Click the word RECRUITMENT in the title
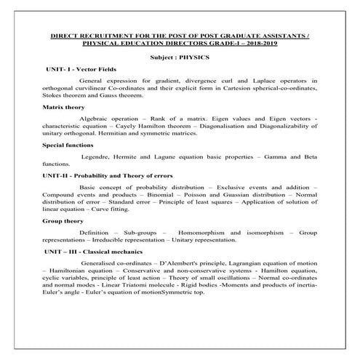(x=113, y=34)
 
